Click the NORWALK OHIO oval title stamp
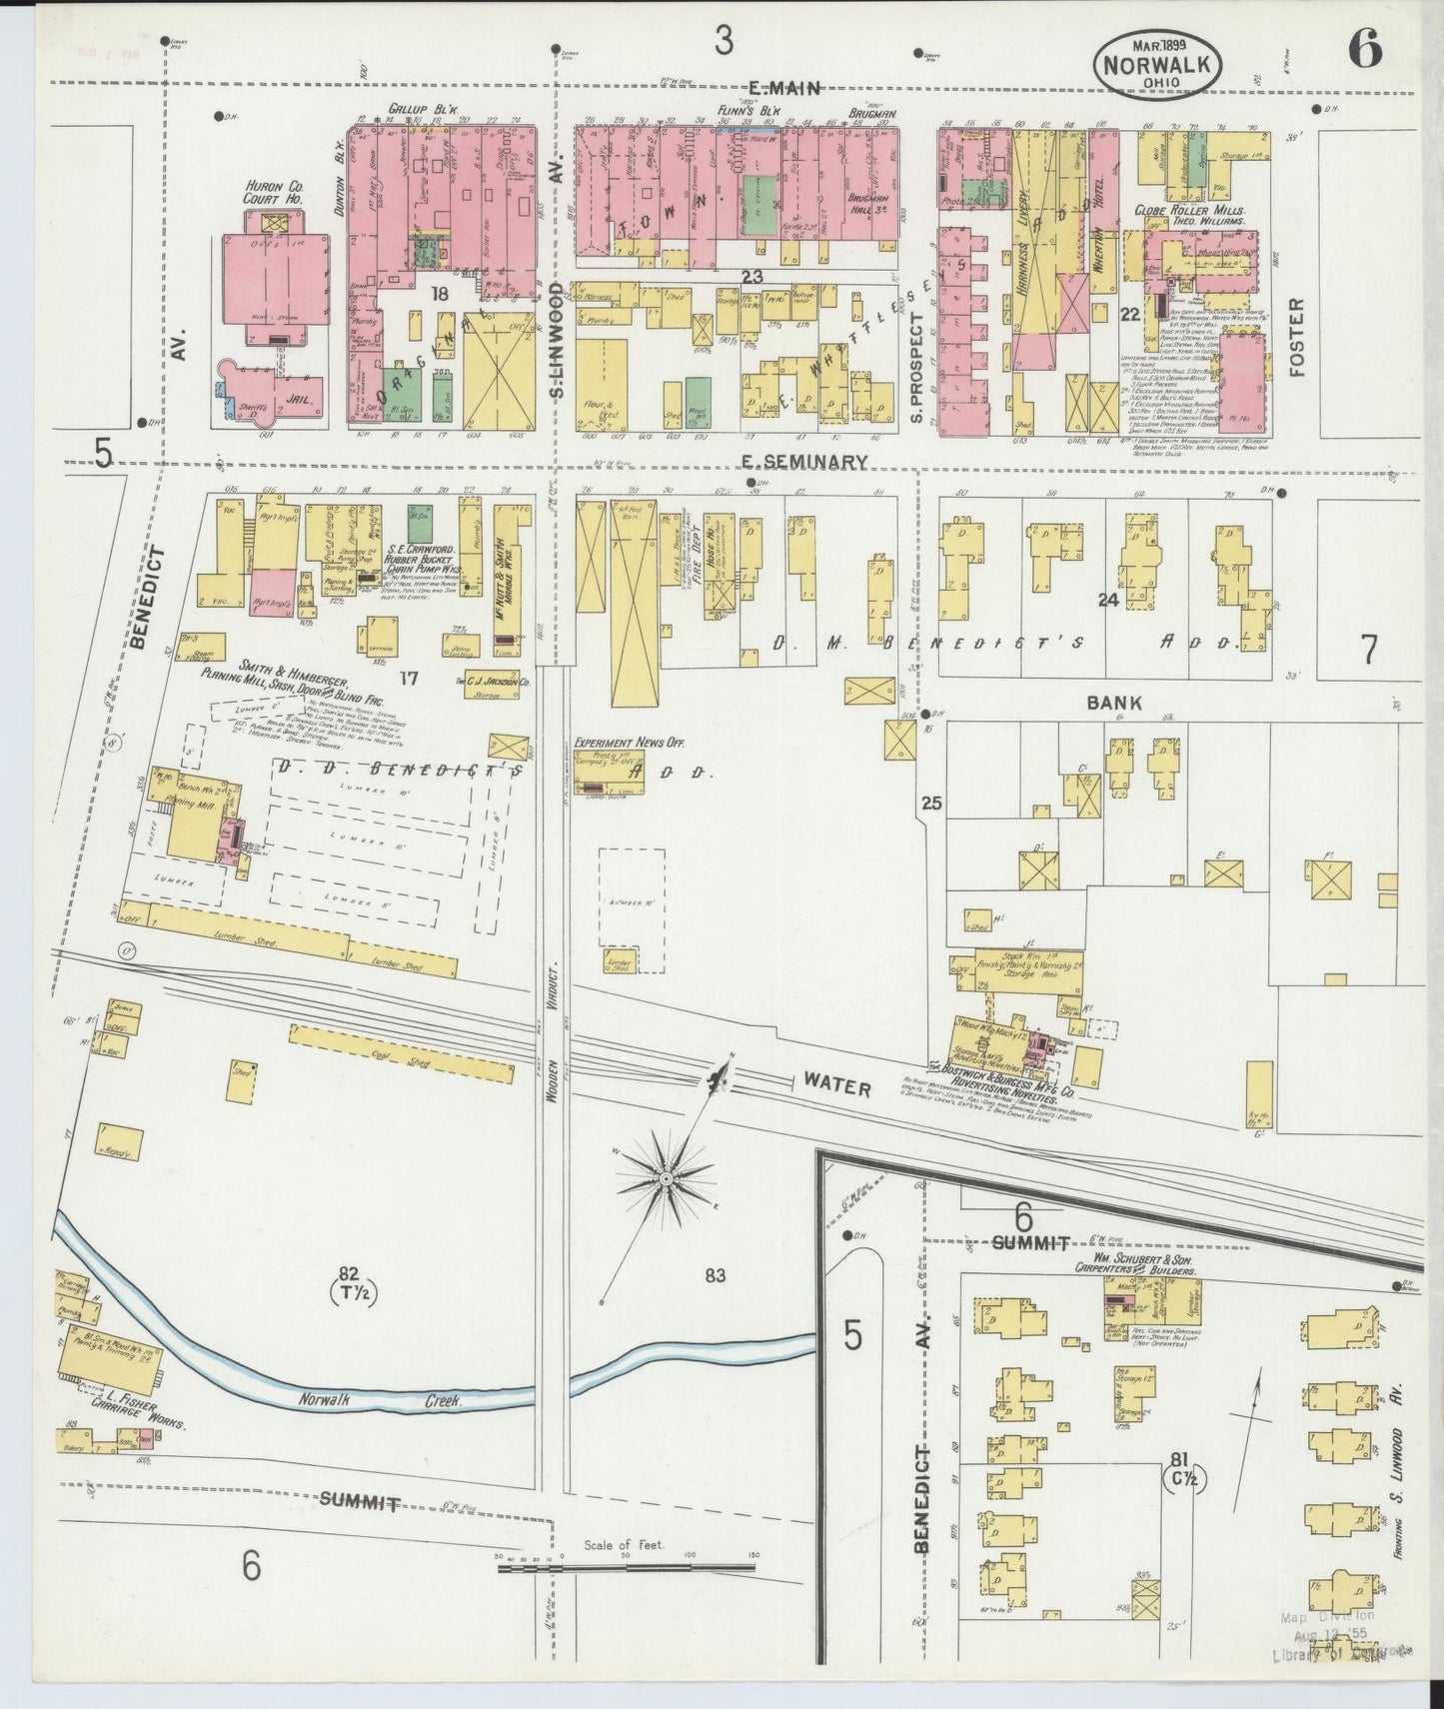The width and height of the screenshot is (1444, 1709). [x=1158, y=62]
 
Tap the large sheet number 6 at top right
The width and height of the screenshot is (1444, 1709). [x=1364, y=48]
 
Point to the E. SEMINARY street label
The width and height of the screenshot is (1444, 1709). [x=803, y=462]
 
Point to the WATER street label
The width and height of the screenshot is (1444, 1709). [x=836, y=1085]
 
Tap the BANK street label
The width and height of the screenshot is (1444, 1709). [x=1115, y=704]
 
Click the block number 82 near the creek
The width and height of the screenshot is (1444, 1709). [x=348, y=1273]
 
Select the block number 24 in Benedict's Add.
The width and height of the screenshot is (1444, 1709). [x=1106, y=600]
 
